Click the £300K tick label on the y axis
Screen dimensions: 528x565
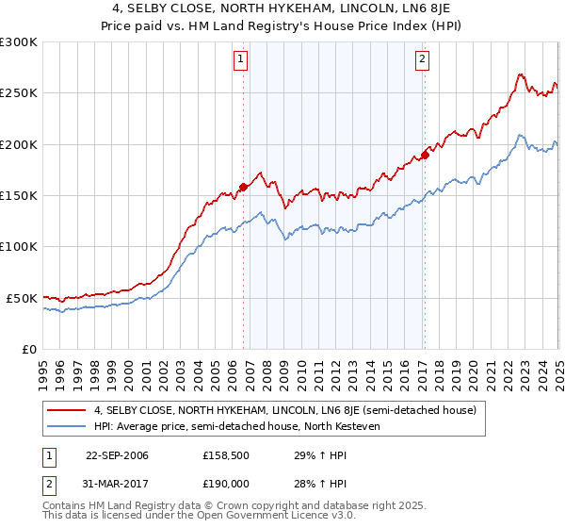19,42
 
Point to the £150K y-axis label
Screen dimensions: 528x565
19,196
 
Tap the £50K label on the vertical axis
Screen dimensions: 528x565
23,298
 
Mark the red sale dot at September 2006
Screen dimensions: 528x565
244,187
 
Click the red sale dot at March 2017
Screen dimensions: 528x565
425,155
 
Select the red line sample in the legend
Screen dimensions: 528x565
68,411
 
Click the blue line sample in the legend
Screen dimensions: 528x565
68,426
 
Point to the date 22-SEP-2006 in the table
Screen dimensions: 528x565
117,456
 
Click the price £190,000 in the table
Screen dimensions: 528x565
224,482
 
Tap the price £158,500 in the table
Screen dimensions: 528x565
224,456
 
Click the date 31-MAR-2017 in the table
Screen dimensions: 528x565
117,482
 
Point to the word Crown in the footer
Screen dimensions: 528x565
240,506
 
